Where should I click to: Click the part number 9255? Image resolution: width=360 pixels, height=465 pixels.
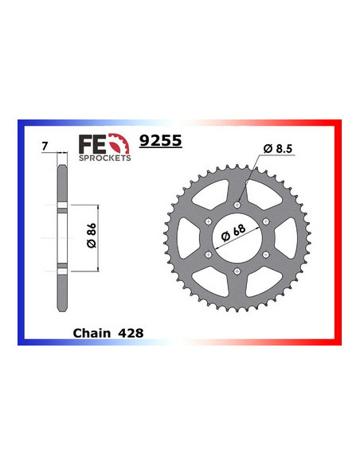(x=160, y=142)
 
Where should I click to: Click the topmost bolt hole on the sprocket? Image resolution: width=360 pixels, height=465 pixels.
(x=238, y=204)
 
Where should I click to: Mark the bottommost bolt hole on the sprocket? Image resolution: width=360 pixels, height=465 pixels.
(x=238, y=269)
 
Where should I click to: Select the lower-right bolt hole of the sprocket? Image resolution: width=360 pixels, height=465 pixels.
(x=267, y=253)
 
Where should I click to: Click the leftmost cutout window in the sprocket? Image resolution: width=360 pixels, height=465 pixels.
(x=188, y=236)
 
